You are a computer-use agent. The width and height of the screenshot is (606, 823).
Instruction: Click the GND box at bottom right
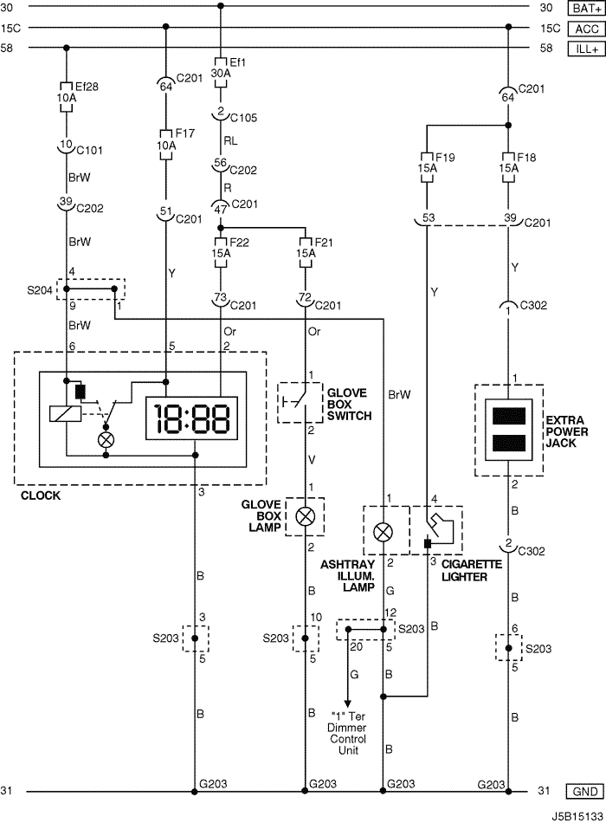point(585,792)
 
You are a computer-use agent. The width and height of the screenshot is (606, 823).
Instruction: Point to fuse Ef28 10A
point(67,97)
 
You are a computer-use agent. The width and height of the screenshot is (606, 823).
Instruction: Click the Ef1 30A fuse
point(221,73)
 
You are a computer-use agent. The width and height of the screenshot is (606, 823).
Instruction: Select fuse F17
point(166,145)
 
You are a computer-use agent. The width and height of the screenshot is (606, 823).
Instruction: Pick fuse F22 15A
point(221,253)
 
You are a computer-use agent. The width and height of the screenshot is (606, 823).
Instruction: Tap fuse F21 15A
point(306,253)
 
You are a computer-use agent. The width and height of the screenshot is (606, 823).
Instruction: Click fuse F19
point(427,168)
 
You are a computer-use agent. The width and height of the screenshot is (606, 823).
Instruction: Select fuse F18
point(508,168)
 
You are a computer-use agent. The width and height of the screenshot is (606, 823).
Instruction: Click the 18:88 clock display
point(191,418)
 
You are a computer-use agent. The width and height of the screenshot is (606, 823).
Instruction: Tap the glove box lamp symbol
point(305,517)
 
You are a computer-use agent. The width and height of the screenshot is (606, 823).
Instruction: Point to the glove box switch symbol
point(300,403)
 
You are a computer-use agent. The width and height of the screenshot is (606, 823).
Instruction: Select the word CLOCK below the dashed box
point(41,496)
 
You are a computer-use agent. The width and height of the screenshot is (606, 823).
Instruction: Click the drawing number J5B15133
point(577,817)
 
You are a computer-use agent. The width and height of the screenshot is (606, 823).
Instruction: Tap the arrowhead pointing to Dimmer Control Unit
point(347,703)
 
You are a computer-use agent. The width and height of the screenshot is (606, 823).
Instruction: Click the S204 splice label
point(40,289)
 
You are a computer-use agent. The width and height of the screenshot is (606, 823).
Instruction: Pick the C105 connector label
point(243,118)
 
